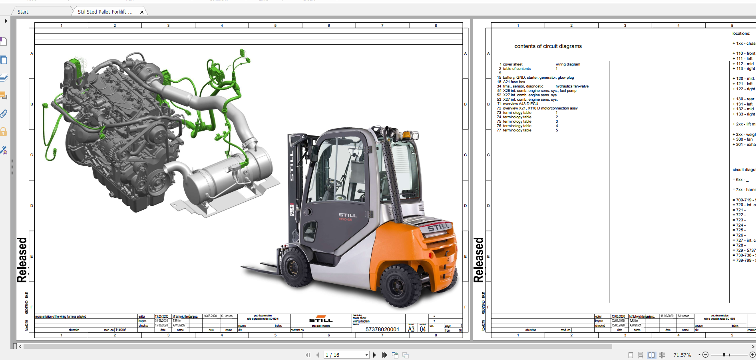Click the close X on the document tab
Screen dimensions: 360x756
point(142,12)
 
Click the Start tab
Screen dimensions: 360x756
point(23,12)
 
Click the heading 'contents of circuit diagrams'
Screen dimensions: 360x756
point(548,46)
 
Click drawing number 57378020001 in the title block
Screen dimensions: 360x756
point(382,329)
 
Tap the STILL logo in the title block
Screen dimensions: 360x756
point(321,320)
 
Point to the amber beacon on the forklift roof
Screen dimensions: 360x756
point(407,135)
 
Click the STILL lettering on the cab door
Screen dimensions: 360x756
point(347,215)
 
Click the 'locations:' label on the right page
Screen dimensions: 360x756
point(741,34)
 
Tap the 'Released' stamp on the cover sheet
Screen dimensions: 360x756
point(22,260)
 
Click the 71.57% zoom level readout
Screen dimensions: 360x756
point(682,355)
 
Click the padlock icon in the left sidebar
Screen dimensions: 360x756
point(4,132)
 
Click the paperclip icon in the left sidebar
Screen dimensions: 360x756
point(4,114)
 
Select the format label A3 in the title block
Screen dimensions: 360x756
point(411,329)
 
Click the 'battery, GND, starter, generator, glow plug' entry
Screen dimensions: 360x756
point(538,78)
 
